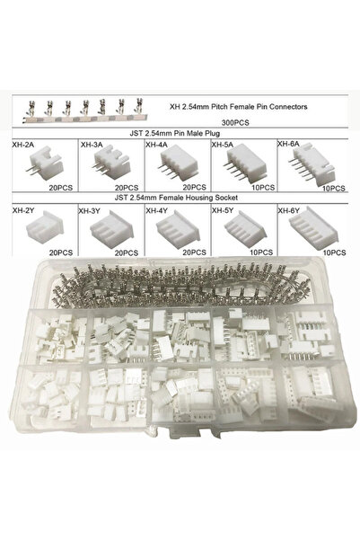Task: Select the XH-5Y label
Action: pyautogui.click(x=223, y=210)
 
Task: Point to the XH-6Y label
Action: pyautogui.click(x=290, y=210)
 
